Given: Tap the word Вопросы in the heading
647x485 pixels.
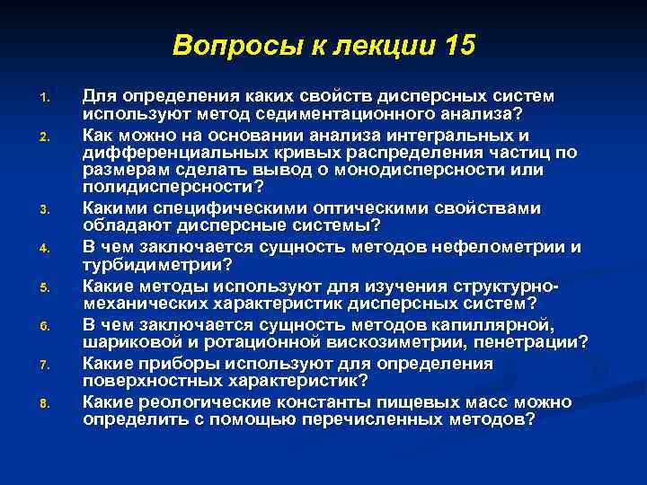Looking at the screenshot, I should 219,45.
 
